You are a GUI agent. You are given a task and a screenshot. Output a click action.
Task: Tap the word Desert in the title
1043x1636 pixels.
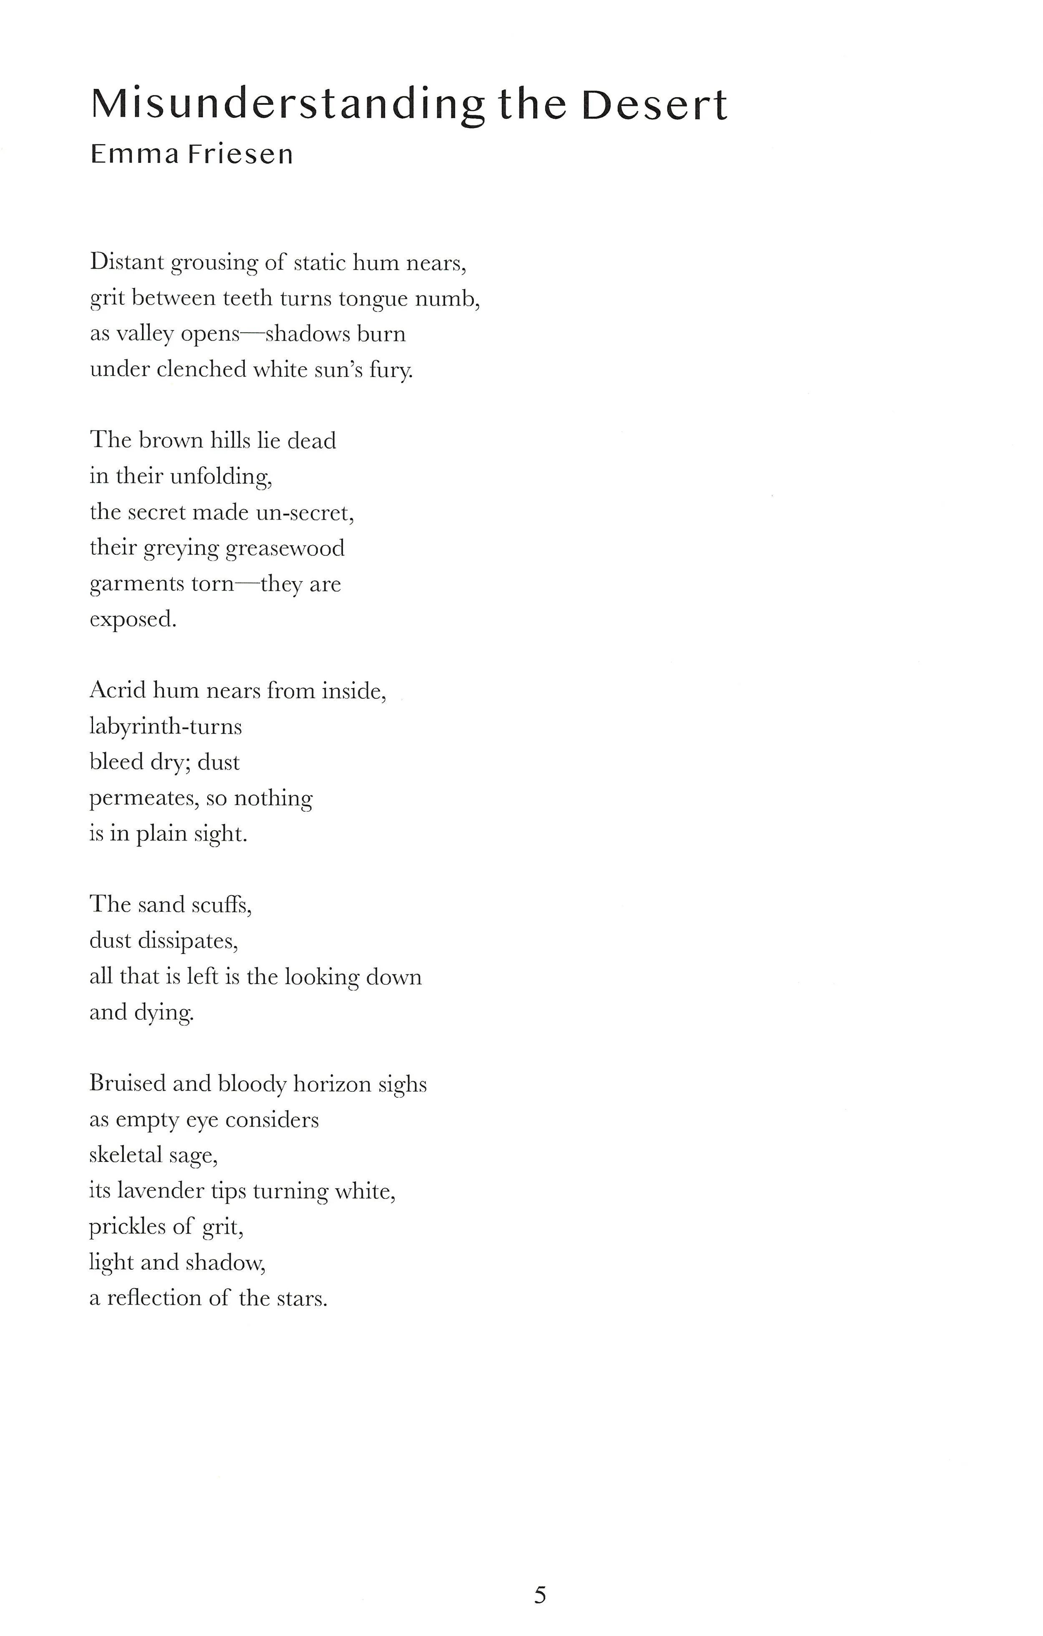654,105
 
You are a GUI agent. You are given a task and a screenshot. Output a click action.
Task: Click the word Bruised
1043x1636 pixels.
127,1083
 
